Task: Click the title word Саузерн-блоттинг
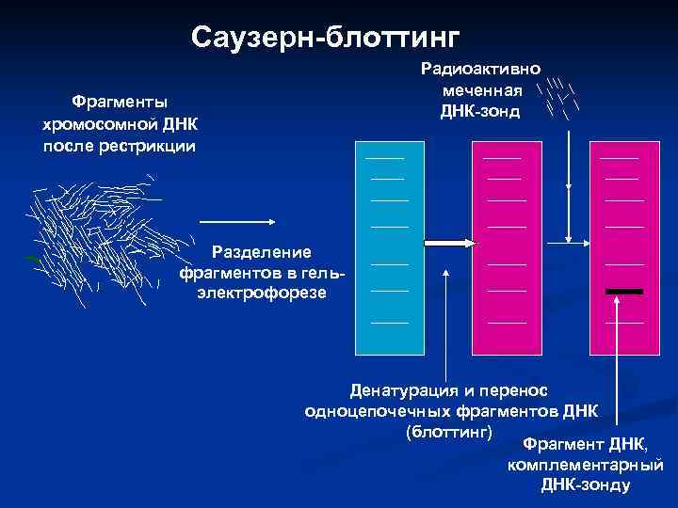tap(325, 37)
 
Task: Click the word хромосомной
tap(100, 123)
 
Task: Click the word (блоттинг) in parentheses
tap(448, 432)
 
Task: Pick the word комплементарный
tap(585, 465)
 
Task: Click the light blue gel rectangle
tap(388, 245)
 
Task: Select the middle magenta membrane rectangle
tap(506, 245)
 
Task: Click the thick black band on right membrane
tap(624, 292)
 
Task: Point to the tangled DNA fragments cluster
tap(94, 235)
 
